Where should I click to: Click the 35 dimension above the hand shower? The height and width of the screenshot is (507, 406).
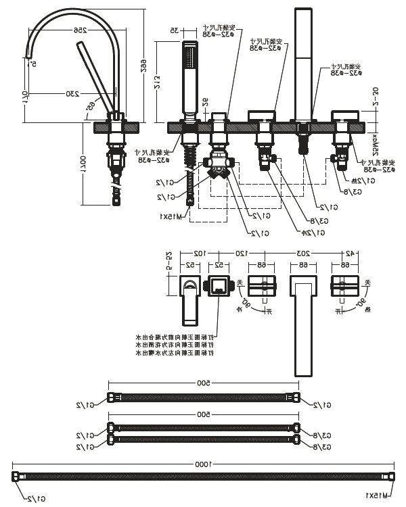pos(174,30)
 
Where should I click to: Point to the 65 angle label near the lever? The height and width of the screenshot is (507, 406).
pos(90,105)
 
